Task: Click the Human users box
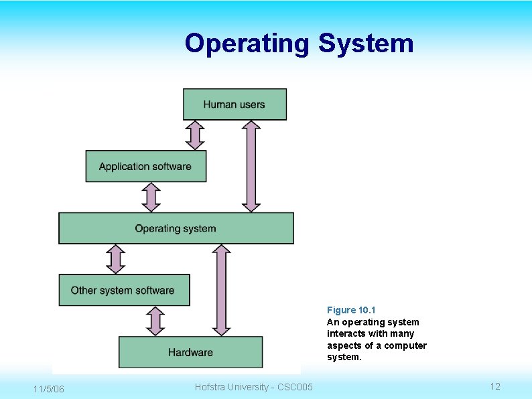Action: pyautogui.click(x=235, y=104)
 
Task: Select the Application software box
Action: pyautogui.click(x=145, y=166)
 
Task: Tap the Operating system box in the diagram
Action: pyautogui.click(x=176, y=228)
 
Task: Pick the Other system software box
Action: pyautogui.click(x=124, y=290)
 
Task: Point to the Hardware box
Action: pyautogui.click(x=190, y=352)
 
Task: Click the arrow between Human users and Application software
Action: pyautogui.click(x=195, y=135)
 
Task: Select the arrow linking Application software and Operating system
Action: pyautogui.click(x=152, y=197)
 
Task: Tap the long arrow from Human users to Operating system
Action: pyautogui.click(x=251, y=166)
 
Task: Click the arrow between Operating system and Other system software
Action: pyautogui.click(x=116, y=259)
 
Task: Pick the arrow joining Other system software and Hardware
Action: pyautogui.click(x=155, y=321)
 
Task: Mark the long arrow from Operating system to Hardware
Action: pyautogui.click(x=221, y=290)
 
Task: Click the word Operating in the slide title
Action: pyautogui.click(x=247, y=44)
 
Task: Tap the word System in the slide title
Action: pyautogui.click(x=366, y=44)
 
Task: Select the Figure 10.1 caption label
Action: pyautogui.click(x=351, y=310)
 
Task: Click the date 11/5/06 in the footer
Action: pyautogui.click(x=48, y=389)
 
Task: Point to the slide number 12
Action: pyautogui.click(x=495, y=386)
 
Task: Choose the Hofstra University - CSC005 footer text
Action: pyautogui.click(x=253, y=387)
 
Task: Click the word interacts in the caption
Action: pyautogui.click(x=347, y=333)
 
